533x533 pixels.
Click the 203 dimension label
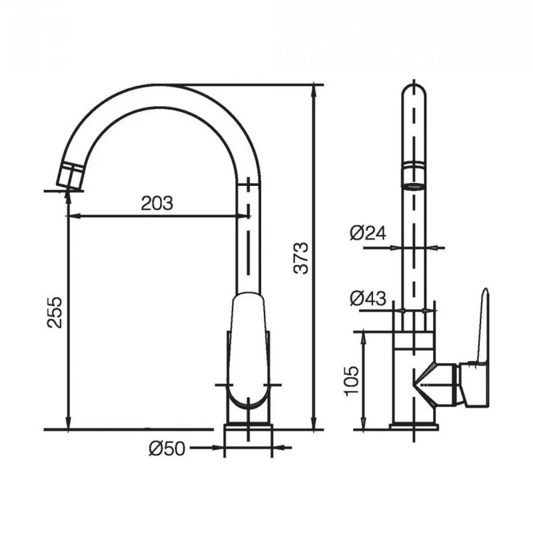click(157, 203)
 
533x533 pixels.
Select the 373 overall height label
click(301, 258)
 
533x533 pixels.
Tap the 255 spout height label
click(55, 312)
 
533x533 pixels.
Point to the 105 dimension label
click(352, 380)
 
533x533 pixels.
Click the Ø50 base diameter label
click(167, 448)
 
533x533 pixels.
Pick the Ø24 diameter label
click(368, 233)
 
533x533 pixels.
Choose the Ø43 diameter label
click(368, 298)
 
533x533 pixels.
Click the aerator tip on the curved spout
click(71, 176)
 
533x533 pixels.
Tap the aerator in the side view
click(413, 176)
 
